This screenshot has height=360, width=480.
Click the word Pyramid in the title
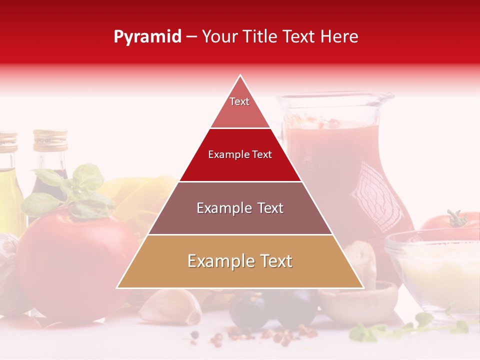tap(147, 37)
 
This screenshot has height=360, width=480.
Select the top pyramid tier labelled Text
tap(239, 107)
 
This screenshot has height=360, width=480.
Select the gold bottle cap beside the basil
tap(50, 140)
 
